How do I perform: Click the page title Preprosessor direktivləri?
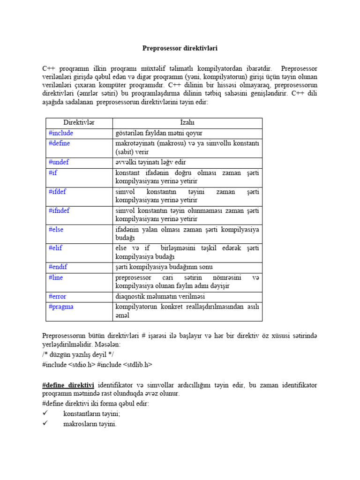click(180, 48)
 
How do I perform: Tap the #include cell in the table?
click(61, 133)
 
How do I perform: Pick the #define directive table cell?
click(60, 143)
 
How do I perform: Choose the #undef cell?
click(59, 162)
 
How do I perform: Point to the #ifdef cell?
click(57, 191)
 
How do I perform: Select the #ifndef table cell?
click(59, 210)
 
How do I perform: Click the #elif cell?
click(55, 248)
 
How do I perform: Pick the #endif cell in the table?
click(58, 267)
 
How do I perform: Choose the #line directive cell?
click(56, 277)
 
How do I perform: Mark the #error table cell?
click(57, 296)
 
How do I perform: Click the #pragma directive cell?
click(61, 307)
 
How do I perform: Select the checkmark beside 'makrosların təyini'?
click(45, 424)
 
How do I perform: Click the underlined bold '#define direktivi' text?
click(68, 385)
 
